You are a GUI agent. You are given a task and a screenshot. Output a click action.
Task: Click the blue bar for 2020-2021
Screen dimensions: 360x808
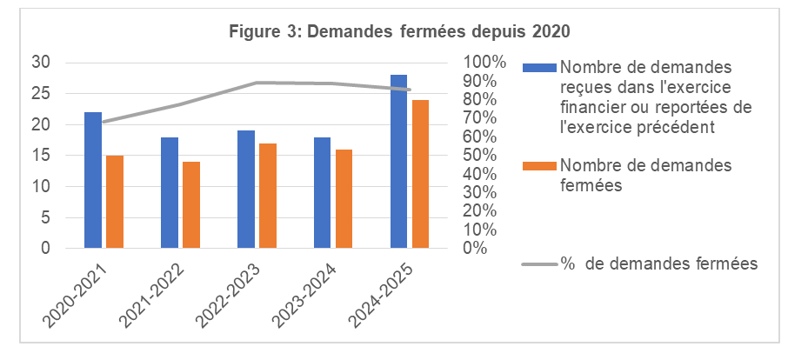(x=93, y=180)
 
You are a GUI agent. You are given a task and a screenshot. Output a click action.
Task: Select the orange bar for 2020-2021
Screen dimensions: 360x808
(x=115, y=202)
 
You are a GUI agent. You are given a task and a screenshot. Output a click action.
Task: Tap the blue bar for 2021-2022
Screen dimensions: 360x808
(x=170, y=192)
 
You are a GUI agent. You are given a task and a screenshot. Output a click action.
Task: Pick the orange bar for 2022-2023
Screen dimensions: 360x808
(x=268, y=196)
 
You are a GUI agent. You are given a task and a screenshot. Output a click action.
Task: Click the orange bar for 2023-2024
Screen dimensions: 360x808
(x=344, y=199)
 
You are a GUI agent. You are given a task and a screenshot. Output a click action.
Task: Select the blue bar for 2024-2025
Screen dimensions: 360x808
(x=399, y=162)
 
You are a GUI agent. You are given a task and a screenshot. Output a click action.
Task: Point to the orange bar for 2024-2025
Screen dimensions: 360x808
(x=421, y=174)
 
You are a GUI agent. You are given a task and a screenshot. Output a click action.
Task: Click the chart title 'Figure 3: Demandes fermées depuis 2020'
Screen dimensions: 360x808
(x=399, y=32)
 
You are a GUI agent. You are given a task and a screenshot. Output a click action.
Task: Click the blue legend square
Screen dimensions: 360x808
(x=541, y=68)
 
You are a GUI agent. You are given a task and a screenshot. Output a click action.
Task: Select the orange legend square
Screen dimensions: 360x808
(x=541, y=166)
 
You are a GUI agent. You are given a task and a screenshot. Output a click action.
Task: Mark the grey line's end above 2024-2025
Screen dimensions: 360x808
(x=410, y=90)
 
